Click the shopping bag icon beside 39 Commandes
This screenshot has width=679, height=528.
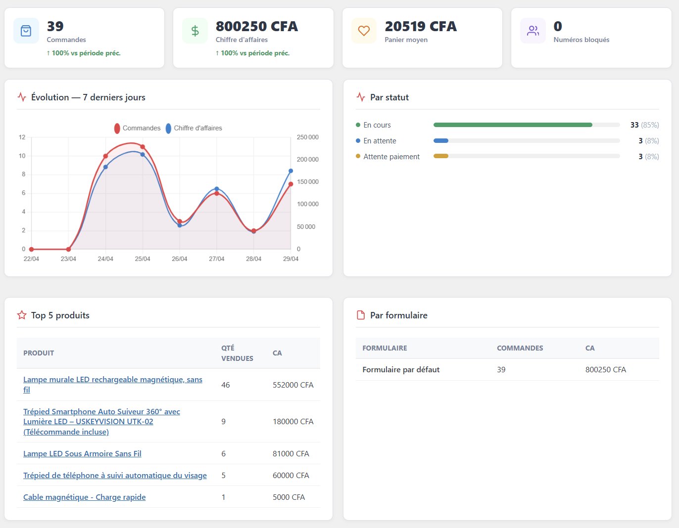26,31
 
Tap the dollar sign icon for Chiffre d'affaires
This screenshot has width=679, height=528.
195,31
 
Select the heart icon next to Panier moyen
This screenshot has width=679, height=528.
364,31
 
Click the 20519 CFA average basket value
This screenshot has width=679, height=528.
420,26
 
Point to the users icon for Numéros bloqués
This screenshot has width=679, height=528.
533,31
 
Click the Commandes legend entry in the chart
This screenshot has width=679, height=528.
138,128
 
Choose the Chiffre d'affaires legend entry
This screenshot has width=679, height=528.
194,128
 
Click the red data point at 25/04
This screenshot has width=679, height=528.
143,147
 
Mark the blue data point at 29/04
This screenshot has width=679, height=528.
291,171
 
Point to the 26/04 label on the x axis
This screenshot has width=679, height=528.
180,259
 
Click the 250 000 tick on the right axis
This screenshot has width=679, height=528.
307,137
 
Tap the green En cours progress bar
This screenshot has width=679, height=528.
512,125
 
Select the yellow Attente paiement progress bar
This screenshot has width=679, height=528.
441,157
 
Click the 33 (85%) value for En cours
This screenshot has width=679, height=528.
644,125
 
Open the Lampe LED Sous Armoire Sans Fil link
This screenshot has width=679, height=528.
82,454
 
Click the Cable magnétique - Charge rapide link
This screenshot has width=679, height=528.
84,497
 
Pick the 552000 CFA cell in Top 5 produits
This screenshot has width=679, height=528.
293,385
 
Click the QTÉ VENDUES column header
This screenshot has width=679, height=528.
237,353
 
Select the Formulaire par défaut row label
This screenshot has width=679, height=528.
401,370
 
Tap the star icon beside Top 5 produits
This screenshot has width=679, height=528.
22,315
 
